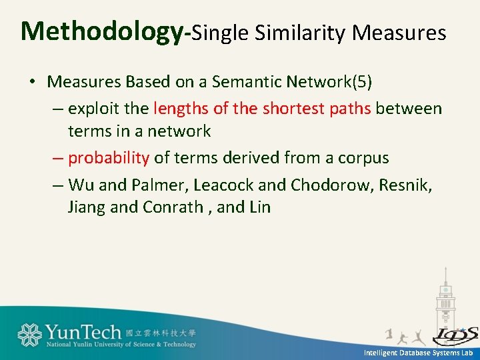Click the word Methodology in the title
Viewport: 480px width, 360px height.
pos(103,31)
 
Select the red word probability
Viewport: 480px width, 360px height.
pos(109,158)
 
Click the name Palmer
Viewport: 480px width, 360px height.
pos(149,185)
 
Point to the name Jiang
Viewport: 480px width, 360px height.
pos(87,207)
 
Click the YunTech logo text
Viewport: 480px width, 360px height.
pos(83,331)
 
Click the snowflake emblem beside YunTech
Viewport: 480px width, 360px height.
pos(29,335)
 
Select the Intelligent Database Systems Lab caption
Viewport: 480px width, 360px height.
pos(418,352)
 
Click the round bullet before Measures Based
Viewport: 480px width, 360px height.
pos(32,83)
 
